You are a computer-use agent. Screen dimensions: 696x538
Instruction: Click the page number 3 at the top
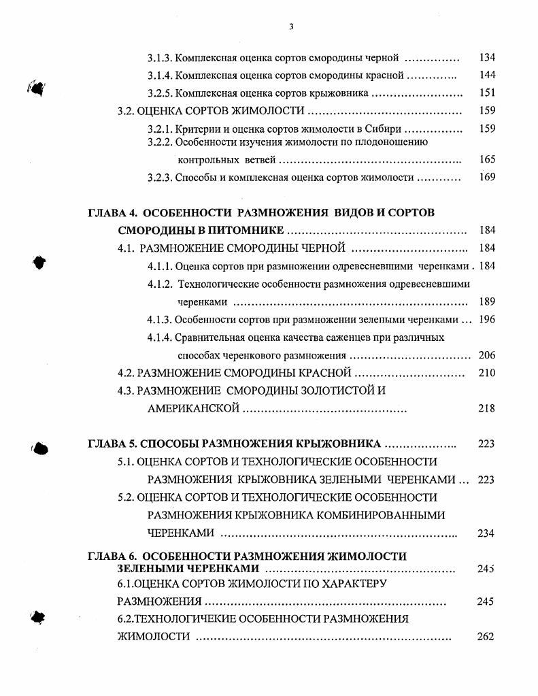(290, 27)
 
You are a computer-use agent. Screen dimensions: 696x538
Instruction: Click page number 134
(487, 58)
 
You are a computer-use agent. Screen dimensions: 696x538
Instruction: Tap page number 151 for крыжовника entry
(487, 93)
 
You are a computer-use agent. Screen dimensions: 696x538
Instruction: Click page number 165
(487, 160)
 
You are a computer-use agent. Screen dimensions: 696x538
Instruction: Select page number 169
(487, 178)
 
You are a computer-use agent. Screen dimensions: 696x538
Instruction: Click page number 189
(487, 301)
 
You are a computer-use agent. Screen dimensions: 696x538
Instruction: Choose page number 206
(487, 355)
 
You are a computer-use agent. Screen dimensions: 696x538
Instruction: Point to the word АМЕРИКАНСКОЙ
(193, 408)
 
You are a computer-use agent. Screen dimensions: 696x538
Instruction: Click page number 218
(487, 408)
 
